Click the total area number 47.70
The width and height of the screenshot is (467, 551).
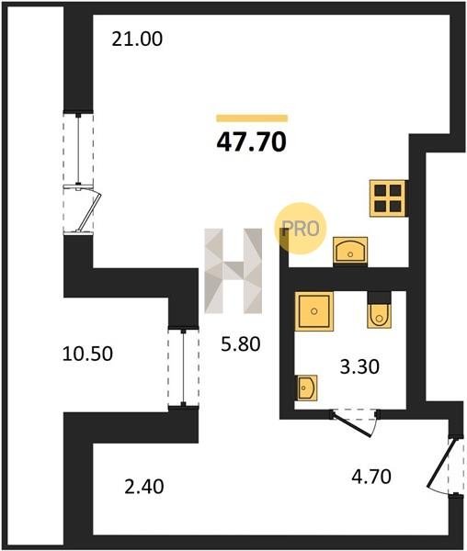click(x=252, y=142)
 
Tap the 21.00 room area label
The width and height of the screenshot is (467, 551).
click(x=137, y=39)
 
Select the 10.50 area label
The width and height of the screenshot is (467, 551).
click(x=87, y=354)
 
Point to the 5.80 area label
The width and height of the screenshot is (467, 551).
click(x=241, y=343)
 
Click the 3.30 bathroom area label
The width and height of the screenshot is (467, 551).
click(x=359, y=366)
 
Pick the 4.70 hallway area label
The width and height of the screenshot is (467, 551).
click(x=371, y=477)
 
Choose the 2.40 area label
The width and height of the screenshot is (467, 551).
click(x=144, y=487)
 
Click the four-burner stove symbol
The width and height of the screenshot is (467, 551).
click(x=388, y=198)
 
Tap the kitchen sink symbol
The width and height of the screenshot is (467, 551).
click(x=350, y=250)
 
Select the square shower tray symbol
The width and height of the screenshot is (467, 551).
click(x=314, y=311)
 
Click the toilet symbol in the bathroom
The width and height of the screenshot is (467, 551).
click(x=379, y=310)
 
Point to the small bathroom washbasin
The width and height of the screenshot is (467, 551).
click(x=307, y=388)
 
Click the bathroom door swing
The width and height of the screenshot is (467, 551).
click(x=353, y=423)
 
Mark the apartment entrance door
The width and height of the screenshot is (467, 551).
click(x=444, y=466)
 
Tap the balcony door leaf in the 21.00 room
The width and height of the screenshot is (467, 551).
click(x=88, y=210)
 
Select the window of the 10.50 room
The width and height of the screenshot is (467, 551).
click(x=183, y=367)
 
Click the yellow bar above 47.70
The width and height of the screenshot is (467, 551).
click(x=252, y=118)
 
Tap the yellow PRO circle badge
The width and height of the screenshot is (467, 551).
click(x=301, y=229)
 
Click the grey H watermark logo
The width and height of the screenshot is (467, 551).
click(x=233, y=271)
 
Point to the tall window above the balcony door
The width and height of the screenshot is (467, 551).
click(x=78, y=149)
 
